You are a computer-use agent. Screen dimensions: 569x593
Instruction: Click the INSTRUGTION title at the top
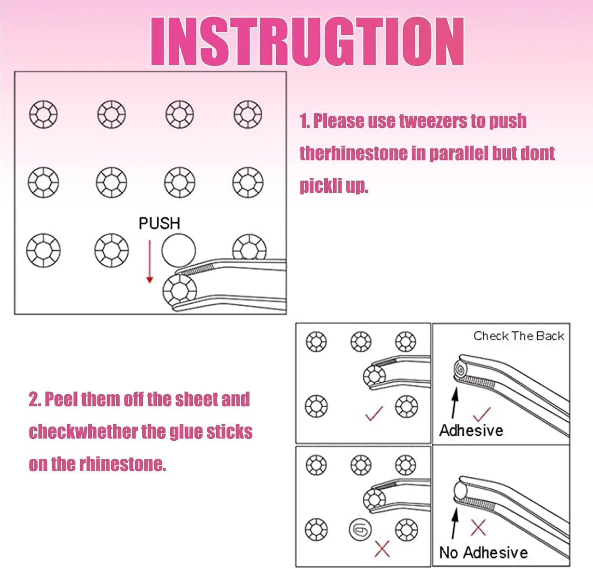[308, 41]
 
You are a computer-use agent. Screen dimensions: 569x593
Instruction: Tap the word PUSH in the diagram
[159, 223]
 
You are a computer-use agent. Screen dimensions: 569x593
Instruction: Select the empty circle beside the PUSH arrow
[179, 250]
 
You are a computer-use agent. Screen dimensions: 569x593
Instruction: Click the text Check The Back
[518, 336]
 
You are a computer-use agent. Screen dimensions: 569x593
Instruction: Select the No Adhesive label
[483, 552]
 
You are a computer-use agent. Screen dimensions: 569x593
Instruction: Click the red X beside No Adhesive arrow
[478, 528]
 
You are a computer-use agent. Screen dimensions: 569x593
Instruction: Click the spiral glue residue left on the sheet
[360, 529]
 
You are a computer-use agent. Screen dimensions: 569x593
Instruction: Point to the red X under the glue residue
[382, 548]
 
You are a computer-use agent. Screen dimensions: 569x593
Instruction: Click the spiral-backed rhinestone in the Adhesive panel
[461, 370]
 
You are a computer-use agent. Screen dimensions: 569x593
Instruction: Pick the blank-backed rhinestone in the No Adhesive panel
[461, 491]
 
